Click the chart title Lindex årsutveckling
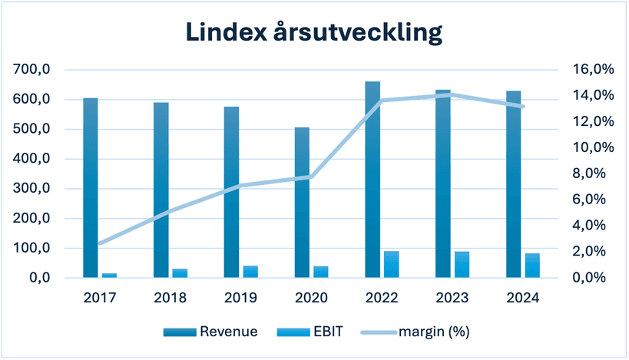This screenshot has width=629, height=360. (x=314, y=32)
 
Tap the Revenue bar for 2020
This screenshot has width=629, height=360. (x=302, y=203)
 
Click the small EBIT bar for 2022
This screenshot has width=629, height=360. (x=392, y=264)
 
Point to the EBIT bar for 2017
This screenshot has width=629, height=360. (x=110, y=275)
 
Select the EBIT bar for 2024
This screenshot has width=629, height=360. (x=532, y=265)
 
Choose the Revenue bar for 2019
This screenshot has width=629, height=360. (x=231, y=192)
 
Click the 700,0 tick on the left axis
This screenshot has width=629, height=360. (x=32, y=70)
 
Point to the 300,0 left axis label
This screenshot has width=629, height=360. (x=32, y=189)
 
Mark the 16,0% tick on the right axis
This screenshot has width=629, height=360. (x=594, y=69)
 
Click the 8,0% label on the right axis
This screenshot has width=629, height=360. (x=594, y=173)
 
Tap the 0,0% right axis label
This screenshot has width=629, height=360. (x=594, y=277)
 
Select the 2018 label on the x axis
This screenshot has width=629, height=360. (x=170, y=298)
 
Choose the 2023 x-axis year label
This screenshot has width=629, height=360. (x=452, y=298)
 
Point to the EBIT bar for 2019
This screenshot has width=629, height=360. (x=250, y=271)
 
